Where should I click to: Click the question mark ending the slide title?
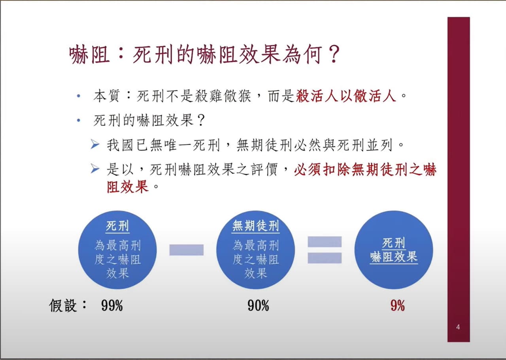[334, 54]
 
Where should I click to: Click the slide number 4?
[458, 327]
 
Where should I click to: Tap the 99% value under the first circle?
[112, 305]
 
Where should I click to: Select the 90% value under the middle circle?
[258, 305]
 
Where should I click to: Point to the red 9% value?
[398, 305]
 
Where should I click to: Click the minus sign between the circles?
[186, 250]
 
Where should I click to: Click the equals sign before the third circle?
[325, 250]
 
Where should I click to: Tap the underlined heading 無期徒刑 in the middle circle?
[256, 225]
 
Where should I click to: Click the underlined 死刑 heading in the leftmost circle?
[117, 225]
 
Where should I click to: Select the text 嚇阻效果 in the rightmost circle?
[394, 257]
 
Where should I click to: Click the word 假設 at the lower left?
[63, 305]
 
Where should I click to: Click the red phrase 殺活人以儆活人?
[346, 96]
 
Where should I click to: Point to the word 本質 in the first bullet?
[106, 96]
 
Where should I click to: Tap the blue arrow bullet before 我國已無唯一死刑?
[95, 144]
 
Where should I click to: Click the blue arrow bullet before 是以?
[95, 169]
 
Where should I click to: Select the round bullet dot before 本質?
[79, 96]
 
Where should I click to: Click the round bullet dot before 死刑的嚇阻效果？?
[79, 120]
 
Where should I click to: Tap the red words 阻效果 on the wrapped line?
[128, 187]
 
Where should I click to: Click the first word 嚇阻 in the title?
[89, 54]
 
